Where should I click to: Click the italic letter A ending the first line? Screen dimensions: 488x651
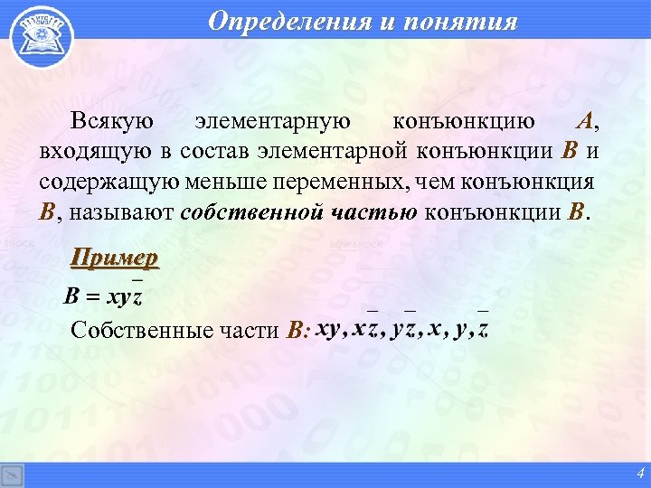pos(587,121)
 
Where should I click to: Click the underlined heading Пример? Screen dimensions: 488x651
pos(115,258)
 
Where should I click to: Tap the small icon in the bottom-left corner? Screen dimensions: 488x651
pos(12,475)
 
